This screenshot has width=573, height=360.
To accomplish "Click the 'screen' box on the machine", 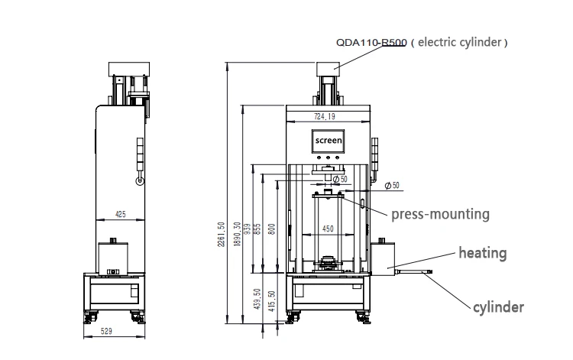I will [x=329, y=141].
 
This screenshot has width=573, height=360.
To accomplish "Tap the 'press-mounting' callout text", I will [x=440, y=214].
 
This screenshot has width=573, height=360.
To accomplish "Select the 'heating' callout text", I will [x=482, y=251].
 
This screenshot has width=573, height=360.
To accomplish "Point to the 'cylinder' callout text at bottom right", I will [x=498, y=307].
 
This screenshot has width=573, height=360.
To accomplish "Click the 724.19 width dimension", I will [x=325, y=117].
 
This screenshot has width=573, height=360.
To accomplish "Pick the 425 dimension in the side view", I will [x=120, y=215].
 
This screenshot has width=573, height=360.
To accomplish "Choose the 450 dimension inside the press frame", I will [x=327, y=228].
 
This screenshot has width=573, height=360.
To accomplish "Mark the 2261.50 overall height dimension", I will [x=222, y=234].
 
